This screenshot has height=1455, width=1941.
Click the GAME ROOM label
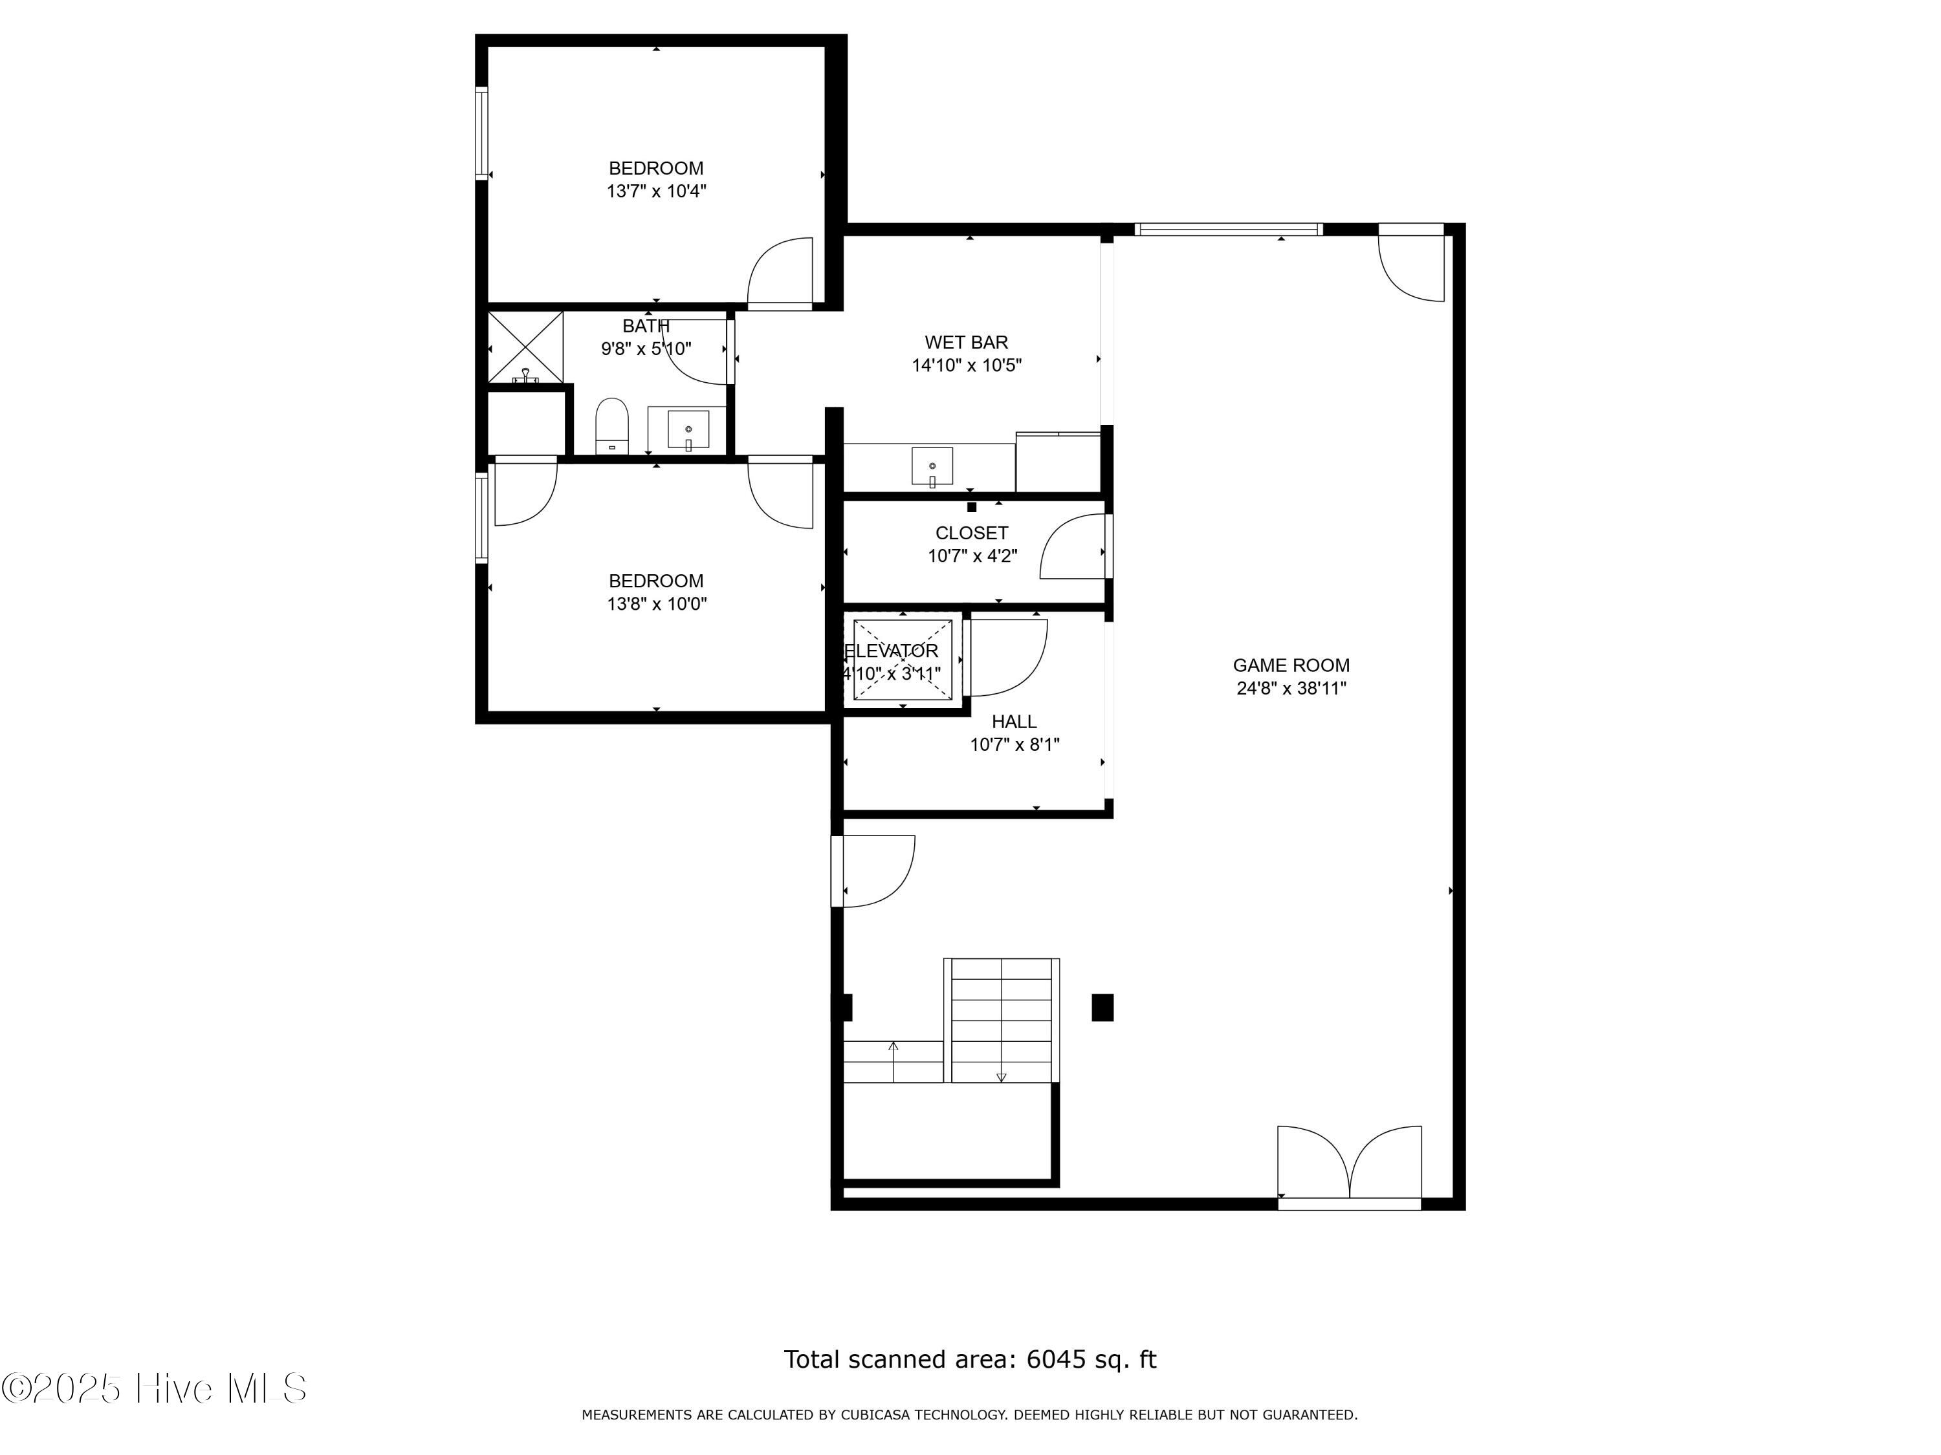point(1290,665)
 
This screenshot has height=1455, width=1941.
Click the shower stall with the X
point(525,347)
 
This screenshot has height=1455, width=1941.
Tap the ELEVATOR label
point(892,651)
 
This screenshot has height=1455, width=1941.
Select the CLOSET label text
point(971,533)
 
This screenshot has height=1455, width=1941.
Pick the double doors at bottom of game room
point(1349,1164)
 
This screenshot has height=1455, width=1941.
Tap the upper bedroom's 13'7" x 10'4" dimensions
point(656,191)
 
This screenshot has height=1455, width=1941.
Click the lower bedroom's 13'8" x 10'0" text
point(656,604)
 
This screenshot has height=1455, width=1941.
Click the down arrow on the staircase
point(1001,1077)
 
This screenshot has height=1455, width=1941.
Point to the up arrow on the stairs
point(894,1046)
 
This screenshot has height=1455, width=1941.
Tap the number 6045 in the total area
point(1055,1359)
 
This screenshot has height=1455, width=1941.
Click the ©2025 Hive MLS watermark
point(155,1389)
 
